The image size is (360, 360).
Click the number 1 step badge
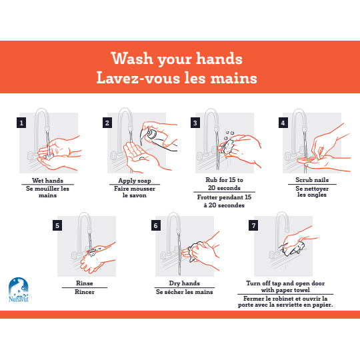(x=21, y=123)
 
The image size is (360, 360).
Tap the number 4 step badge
(x=283, y=123)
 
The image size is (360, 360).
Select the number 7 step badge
(x=253, y=225)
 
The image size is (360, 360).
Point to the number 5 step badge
(x=57, y=225)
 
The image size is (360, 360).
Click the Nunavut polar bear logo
(x=19, y=289)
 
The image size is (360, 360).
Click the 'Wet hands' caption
(x=47, y=181)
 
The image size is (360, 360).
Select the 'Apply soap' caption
(x=135, y=181)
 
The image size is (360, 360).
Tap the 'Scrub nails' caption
(x=312, y=180)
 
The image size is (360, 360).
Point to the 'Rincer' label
(x=85, y=292)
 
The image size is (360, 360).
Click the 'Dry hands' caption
(x=185, y=283)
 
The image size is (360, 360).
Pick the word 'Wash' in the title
(x=132, y=58)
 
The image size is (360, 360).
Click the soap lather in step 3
(x=227, y=147)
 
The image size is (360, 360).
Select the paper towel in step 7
(x=292, y=249)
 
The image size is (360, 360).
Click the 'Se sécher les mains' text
(x=185, y=292)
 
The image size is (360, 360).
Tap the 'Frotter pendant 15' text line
(x=224, y=197)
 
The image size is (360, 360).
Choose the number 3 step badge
(x=195, y=123)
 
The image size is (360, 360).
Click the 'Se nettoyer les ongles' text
(x=312, y=191)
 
